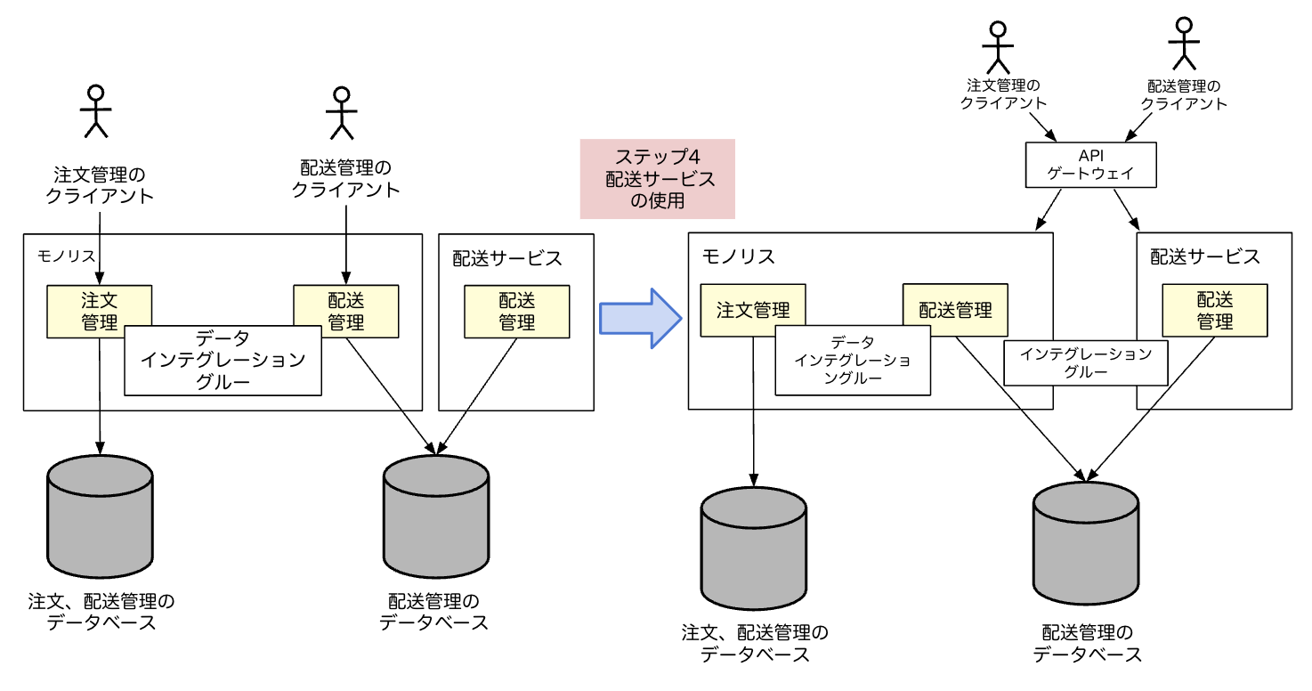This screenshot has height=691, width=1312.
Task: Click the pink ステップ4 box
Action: [x=657, y=178]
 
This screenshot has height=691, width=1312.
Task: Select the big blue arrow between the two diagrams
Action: [x=640, y=317]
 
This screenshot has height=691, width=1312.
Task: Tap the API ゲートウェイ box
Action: [x=1090, y=166]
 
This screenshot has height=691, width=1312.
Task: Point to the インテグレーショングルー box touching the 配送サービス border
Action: [x=1086, y=363]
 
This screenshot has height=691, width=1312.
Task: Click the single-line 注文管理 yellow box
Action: [x=753, y=310]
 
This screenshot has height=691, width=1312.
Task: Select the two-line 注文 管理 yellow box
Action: [x=99, y=311]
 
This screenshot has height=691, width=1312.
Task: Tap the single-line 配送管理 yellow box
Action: [x=955, y=310]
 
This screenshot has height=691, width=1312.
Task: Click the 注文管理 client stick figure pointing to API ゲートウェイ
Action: [x=999, y=45]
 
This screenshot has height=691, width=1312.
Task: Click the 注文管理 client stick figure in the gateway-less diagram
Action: [x=95, y=110]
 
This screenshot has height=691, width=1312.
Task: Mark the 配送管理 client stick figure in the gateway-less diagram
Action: [x=341, y=112]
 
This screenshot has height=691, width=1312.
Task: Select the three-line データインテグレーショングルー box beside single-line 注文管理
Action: [x=853, y=360]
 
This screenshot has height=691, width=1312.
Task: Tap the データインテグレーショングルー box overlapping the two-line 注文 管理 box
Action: [x=223, y=361]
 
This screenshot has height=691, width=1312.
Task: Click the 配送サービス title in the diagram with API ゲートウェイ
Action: [x=1205, y=257]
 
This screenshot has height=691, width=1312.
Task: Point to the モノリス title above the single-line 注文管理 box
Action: [x=739, y=257]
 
